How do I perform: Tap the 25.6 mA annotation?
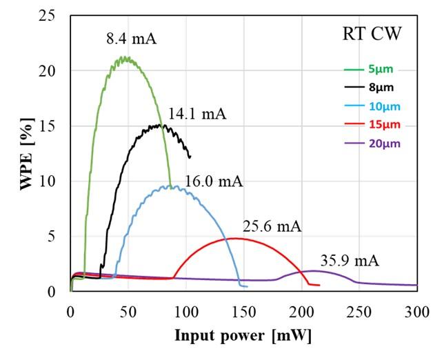pos(272,226)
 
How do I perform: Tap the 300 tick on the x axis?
pos(416,310)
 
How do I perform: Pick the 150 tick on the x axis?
pos(243,310)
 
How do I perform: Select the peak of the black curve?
pos(160,125)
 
